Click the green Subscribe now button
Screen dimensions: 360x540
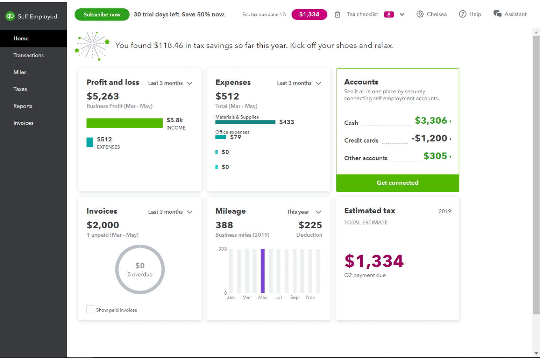click(102, 15)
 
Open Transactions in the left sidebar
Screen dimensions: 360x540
click(28, 55)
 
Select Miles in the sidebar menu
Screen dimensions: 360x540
click(20, 72)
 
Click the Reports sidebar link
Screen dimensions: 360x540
click(23, 106)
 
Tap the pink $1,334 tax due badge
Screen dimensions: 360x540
click(309, 15)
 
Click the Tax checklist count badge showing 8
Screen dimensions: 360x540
click(389, 15)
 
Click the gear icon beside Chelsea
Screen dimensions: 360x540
click(420, 14)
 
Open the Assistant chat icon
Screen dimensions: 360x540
click(497, 14)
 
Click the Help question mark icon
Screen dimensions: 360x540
click(463, 14)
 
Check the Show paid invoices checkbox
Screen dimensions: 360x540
click(90, 310)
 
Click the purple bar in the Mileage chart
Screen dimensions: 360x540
click(263, 271)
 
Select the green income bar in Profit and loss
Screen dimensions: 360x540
click(124, 123)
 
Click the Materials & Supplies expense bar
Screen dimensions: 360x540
click(245, 122)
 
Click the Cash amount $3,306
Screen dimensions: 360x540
click(431, 121)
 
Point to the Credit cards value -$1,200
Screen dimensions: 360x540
click(429, 138)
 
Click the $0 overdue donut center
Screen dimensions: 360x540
click(140, 270)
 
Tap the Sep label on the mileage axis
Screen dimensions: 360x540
click(294, 298)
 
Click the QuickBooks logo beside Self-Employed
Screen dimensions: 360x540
click(10, 16)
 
